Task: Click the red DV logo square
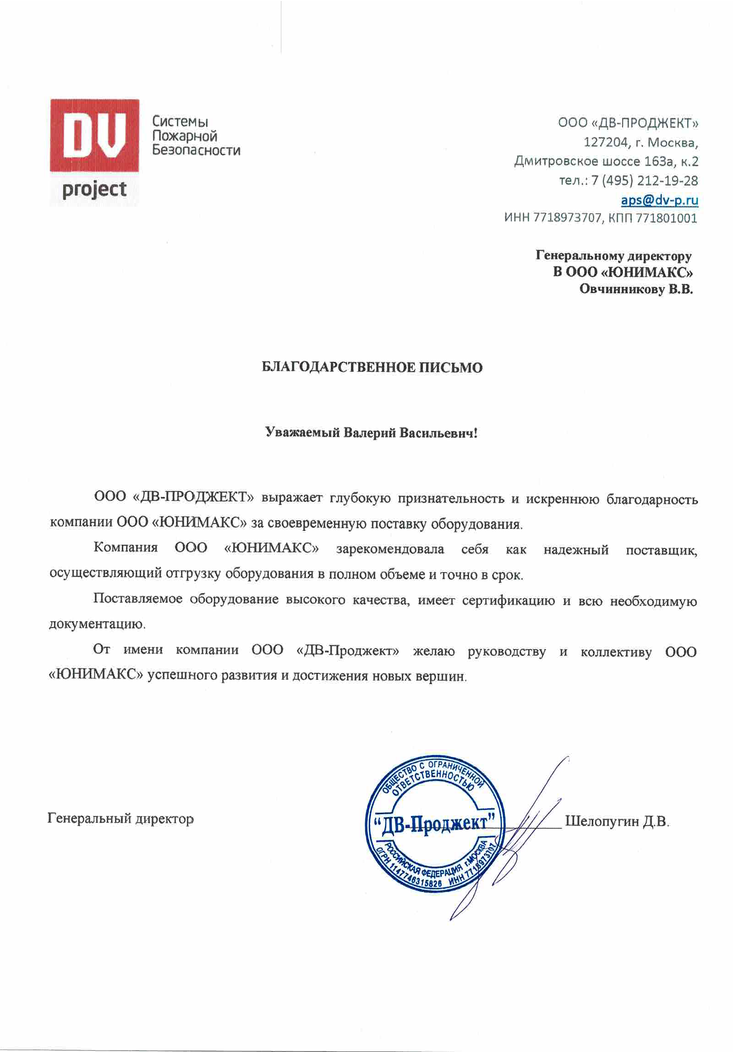pos(94,135)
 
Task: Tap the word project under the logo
pos(94,190)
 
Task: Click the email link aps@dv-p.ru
pos(659,200)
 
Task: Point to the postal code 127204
pos(606,143)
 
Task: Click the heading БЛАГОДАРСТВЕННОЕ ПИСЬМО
pos(372,367)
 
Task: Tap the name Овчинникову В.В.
pos(636,289)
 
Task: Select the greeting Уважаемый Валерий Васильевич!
pos(372,433)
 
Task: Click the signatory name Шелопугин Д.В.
pos(617,821)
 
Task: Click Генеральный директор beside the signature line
pos(120,819)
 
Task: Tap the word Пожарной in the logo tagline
pos(184,136)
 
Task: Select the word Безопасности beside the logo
pos(196,150)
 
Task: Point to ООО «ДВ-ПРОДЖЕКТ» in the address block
pos(628,123)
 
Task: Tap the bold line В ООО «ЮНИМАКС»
pos(623,272)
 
